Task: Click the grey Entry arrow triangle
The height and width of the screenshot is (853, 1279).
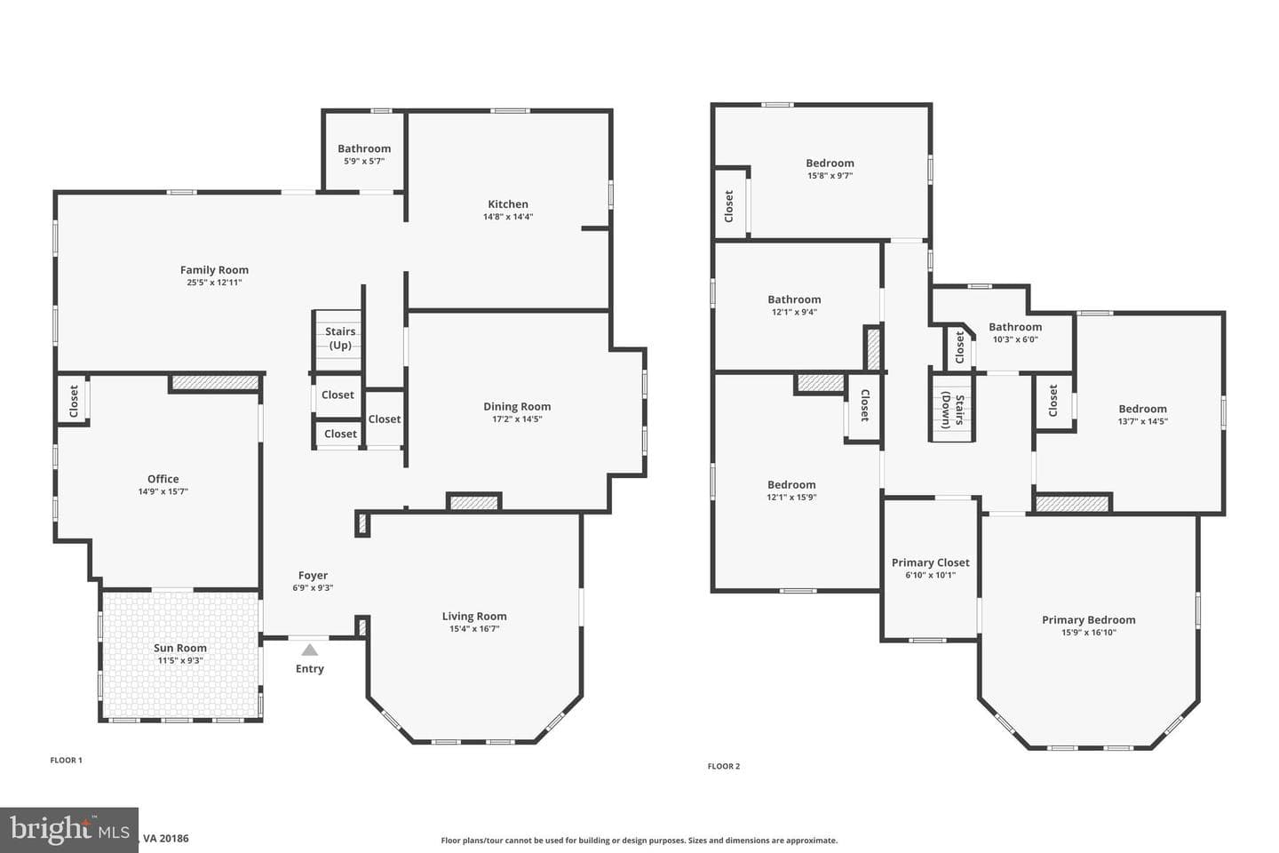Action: [x=309, y=650]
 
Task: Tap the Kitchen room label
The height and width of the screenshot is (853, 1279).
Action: [x=508, y=204]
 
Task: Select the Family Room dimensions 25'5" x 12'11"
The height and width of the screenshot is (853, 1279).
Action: [x=214, y=283]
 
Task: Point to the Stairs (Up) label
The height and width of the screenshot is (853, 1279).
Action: [x=340, y=339]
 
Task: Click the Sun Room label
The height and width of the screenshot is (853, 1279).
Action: [x=179, y=648]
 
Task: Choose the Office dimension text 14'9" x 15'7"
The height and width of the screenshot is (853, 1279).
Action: [x=163, y=491]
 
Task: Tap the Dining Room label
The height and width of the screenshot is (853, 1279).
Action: [x=517, y=406]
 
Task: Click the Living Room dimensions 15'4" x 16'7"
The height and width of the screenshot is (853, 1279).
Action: [x=474, y=628]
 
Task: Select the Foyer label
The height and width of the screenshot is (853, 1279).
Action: [x=313, y=576]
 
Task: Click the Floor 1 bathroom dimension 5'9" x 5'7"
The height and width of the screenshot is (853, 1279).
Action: [x=364, y=161]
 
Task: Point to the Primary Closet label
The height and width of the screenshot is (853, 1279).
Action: [x=931, y=562]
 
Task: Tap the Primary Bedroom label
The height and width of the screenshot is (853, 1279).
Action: [x=1088, y=620]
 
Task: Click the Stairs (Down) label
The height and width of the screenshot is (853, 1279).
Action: [x=952, y=411]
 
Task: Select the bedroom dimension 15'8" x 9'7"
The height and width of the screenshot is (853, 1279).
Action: [x=830, y=175]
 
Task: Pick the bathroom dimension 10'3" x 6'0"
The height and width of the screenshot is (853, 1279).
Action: [x=1015, y=339]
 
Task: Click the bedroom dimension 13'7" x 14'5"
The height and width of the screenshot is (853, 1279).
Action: [x=1142, y=422]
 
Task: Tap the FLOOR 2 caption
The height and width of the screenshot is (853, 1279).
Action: [x=723, y=766]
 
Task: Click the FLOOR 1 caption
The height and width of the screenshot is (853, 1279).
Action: [x=67, y=760]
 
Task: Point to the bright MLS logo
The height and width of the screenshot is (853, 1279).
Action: [x=69, y=830]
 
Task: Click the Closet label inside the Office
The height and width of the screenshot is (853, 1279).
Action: [x=74, y=401]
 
